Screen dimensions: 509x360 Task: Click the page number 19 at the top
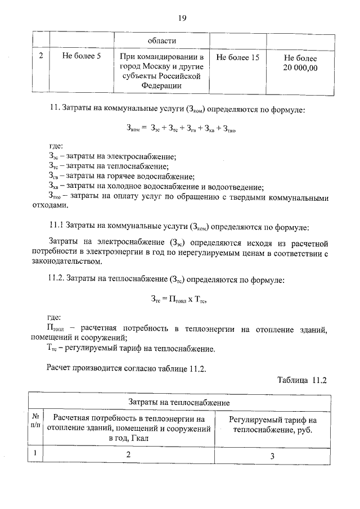tap(182, 18)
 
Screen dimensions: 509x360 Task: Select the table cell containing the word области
tap(161, 40)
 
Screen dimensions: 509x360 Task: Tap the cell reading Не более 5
tap(82, 57)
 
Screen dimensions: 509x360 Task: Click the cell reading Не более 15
tap(237, 57)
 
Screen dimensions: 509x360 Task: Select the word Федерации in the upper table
tap(161, 85)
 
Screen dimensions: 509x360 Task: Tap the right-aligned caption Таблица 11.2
tap(301, 379)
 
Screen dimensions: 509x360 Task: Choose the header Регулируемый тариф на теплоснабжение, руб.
tap(272, 425)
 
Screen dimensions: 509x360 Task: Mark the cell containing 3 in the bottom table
tap(272, 456)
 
